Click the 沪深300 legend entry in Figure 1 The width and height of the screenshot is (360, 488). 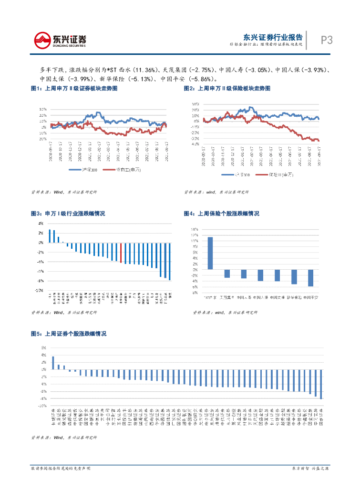81,170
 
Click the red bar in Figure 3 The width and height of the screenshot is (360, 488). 121,253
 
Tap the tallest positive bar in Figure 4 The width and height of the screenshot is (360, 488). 210,253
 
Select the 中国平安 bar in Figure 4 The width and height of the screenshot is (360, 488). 310,278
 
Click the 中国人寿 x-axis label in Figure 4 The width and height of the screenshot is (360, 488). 244,297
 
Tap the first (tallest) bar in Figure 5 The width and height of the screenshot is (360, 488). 53,363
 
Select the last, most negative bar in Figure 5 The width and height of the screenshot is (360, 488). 321,384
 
